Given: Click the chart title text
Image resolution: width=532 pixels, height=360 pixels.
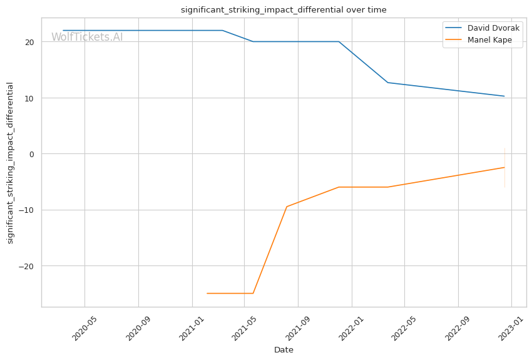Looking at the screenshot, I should click(284, 10).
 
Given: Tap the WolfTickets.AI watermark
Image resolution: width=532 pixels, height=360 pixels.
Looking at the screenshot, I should click(87, 37).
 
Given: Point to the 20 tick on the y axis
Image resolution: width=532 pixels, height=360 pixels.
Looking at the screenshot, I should click(29, 42).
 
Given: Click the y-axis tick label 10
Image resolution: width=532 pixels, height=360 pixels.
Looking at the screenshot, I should click(29, 98).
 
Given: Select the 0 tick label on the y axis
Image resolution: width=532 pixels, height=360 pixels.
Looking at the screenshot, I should click(32, 154).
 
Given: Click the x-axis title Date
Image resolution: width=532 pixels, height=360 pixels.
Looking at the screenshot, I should click(284, 350).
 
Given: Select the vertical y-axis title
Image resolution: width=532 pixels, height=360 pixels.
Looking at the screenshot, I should click(10, 163).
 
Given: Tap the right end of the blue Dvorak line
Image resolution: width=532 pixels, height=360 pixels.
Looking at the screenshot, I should click(504, 96).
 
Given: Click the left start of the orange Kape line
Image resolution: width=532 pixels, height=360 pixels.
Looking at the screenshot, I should click(207, 293).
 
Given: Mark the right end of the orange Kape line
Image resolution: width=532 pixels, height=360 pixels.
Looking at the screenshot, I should click(504, 167).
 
